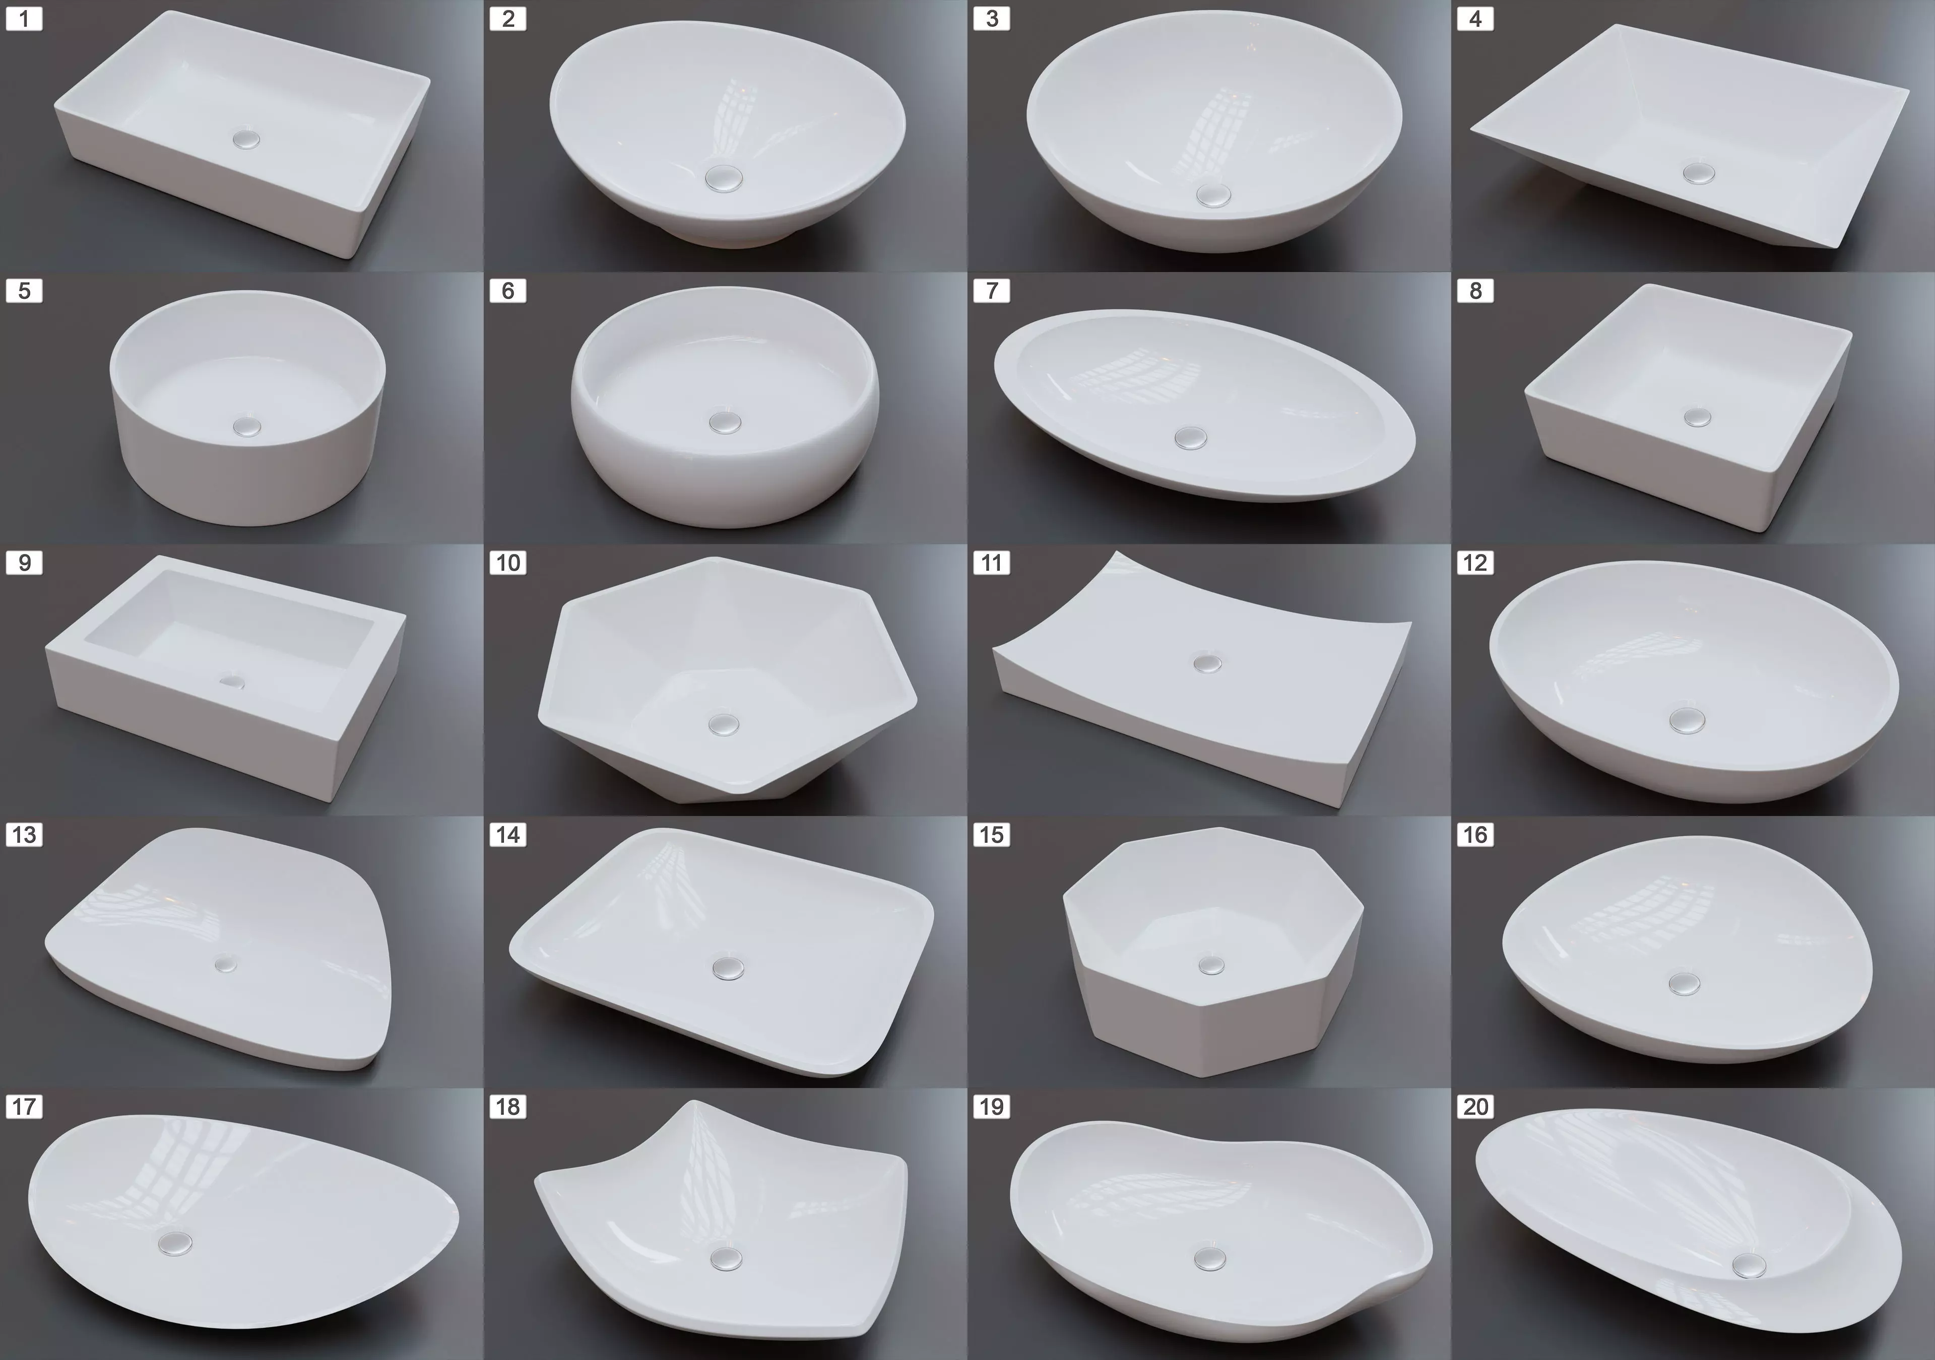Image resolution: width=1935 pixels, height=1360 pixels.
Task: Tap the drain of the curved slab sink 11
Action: pos(1208,662)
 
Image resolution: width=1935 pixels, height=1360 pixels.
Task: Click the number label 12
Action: pos(1475,563)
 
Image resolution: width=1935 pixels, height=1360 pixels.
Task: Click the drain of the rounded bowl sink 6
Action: pos(723,421)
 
